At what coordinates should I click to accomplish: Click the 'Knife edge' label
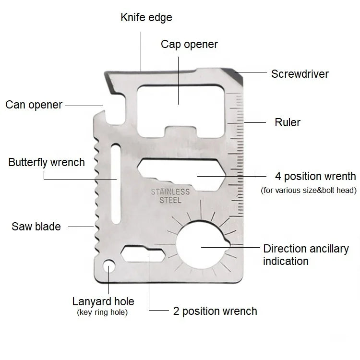pyautogui.click(x=146, y=18)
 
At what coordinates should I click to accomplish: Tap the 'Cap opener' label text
pyautogui.click(x=189, y=45)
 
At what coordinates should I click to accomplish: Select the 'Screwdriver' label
pyautogui.click(x=300, y=74)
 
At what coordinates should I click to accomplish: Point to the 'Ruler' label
pyautogui.click(x=288, y=122)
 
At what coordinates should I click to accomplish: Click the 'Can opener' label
pyautogui.click(x=34, y=105)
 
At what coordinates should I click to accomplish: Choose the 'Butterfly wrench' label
pyautogui.click(x=47, y=162)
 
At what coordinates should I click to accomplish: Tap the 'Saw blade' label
pyautogui.click(x=36, y=227)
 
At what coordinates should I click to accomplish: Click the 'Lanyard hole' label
pyautogui.click(x=103, y=302)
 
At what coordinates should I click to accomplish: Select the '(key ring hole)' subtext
pyautogui.click(x=103, y=312)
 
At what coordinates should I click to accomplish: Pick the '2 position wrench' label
pyautogui.click(x=215, y=311)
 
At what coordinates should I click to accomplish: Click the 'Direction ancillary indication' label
pyautogui.click(x=306, y=255)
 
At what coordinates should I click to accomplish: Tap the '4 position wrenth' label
pyautogui.click(x=315, y=176)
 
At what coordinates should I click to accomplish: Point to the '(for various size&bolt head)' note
pyautogui.click(x=309, y=190)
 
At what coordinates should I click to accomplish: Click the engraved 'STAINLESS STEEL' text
pyautogui.click(x=170, y=196)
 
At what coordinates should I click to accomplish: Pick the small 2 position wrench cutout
pyautogui.click(x=142, y=254)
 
